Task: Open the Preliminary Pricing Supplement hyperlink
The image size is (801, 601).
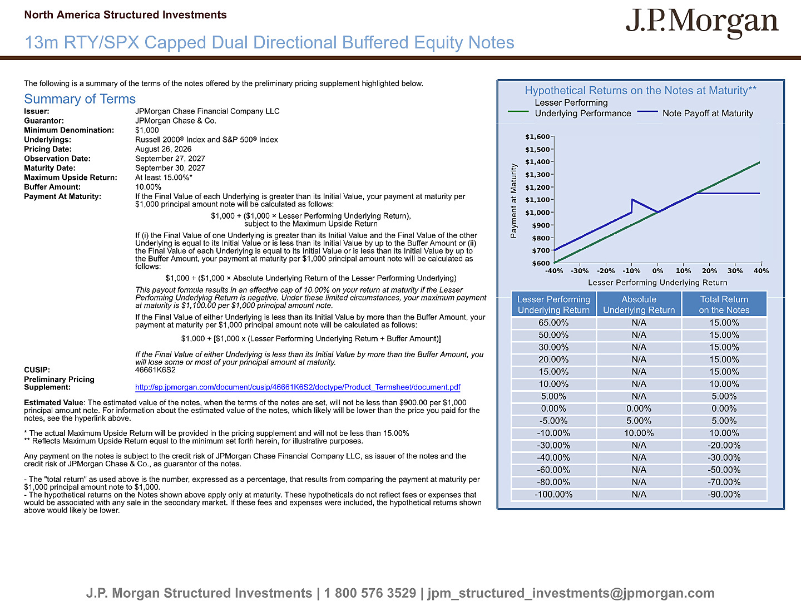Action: coord(298,387)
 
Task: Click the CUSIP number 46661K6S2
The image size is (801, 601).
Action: coord(155,370)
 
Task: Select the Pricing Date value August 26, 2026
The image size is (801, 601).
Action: coord(163,149)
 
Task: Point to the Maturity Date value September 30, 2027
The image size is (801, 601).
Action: coord(170,168)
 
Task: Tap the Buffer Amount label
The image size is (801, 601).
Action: coord(52,187)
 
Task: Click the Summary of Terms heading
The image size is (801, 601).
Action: coord(80,99)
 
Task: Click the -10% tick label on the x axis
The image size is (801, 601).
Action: coord(631,271)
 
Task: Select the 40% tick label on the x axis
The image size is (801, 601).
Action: coord(761,271)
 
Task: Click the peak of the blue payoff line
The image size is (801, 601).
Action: coord(632,200)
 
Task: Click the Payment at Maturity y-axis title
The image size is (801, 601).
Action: coord(513,201)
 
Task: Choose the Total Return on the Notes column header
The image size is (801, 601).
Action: coord(724,304)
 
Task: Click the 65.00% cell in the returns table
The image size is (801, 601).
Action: coord(553,323)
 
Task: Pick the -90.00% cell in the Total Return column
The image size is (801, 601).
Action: coord(724,495)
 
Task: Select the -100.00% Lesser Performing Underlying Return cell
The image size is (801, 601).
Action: coord(553,495)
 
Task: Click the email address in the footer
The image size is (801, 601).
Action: coord(571,593)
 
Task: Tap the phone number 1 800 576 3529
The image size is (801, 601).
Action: coord(370,593)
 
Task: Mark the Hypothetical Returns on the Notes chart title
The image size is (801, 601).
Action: coord(640,91)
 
